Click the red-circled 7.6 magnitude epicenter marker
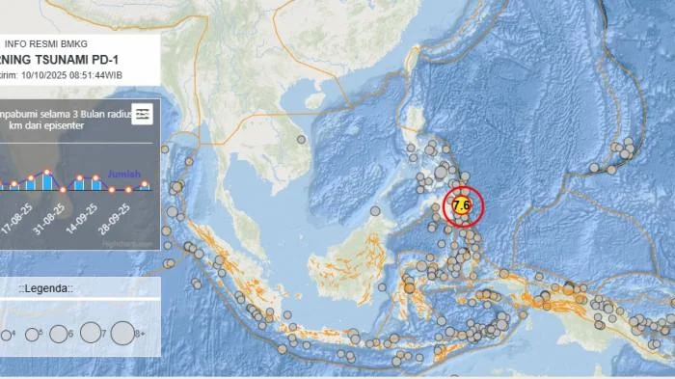pyautogui.click(x=462, y=204)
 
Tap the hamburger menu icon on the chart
pyautogui.click(x=142, y=114)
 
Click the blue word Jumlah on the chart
pyautogui.click(x=124, y=175)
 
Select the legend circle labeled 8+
pyautogui.click(x=123, y=333)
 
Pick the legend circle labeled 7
pyautogui.click(x=92, y=333)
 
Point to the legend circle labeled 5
pyautogui.click(x=32, y=334)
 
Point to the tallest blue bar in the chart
pyautogui.click(x=46, y=179)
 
